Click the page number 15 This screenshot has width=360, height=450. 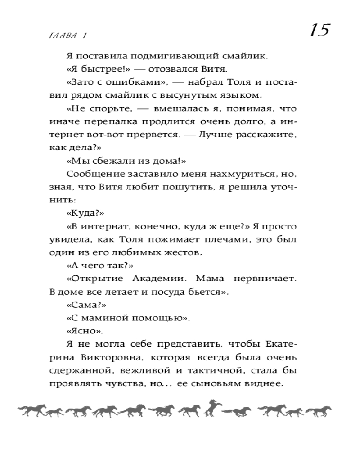[x=319, y=31]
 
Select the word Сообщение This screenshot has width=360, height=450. [x=91, y=174]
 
